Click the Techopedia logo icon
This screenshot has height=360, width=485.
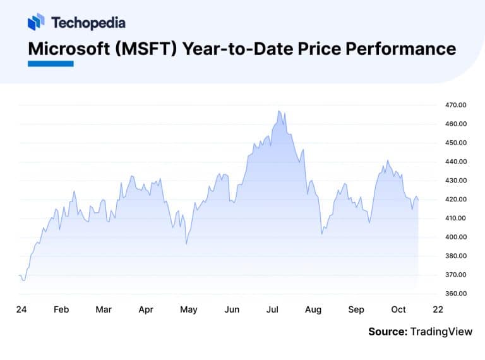coord(36,22)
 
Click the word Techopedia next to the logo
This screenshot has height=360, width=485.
coord(88,23)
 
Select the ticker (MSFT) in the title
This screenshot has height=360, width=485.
coord(152,48)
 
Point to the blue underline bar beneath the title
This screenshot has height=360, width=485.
coord(51,63)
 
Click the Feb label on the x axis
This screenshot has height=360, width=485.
coord(61,309)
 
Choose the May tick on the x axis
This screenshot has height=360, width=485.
coord(188,309)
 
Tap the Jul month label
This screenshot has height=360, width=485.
coord(273,309)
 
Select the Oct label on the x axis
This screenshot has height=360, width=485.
coord(398,309)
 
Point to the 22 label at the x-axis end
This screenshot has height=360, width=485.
coord(438,309)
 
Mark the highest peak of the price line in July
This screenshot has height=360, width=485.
coord(278,111)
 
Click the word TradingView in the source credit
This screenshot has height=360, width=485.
coord(441,331)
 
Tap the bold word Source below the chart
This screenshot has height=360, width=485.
coord(387,331)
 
